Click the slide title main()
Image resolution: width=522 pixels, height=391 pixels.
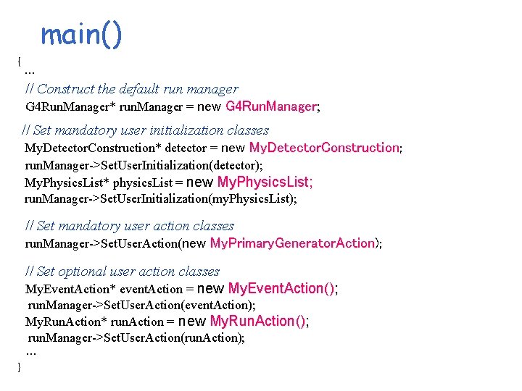click(x=81, y=34)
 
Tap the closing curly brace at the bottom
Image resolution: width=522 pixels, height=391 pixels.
click(x=20, y=367)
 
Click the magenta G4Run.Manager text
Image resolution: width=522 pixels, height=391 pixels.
click(x=271, y=107)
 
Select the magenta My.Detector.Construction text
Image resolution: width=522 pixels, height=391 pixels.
click(x=324, y=148)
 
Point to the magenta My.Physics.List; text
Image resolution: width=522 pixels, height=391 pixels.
click(x=265, y=182)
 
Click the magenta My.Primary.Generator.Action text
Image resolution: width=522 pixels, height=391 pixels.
click(x=292, y=243)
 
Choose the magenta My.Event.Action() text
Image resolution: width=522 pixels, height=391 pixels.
click(x=281, y=288)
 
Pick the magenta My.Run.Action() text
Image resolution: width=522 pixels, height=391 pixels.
click(x=258, y=321)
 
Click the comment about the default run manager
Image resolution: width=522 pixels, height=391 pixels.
click(x=131, y=89)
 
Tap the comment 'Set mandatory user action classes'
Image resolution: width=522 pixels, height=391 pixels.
click(x=130, y=226)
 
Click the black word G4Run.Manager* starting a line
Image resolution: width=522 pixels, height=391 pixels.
click(x=70, y=108)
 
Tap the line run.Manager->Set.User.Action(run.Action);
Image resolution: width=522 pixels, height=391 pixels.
click(x=136, y=337)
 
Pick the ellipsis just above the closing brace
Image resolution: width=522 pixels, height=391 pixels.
click(x=30, y=352)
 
